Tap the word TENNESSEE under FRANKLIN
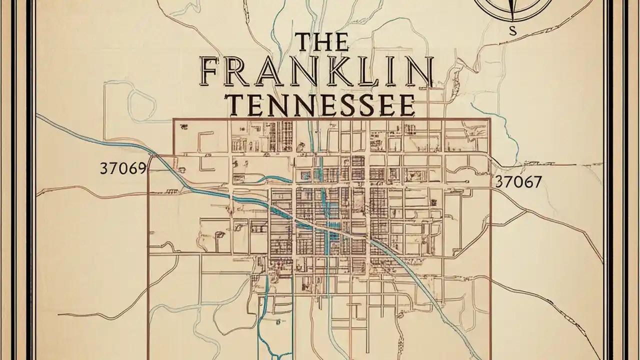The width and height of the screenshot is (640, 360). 321,105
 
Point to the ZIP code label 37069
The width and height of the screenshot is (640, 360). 123,168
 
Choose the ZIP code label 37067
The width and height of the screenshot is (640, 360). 518,181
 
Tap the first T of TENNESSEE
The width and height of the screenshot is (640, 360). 236,105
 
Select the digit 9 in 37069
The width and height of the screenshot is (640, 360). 141,168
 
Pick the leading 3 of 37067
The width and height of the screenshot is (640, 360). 498,181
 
